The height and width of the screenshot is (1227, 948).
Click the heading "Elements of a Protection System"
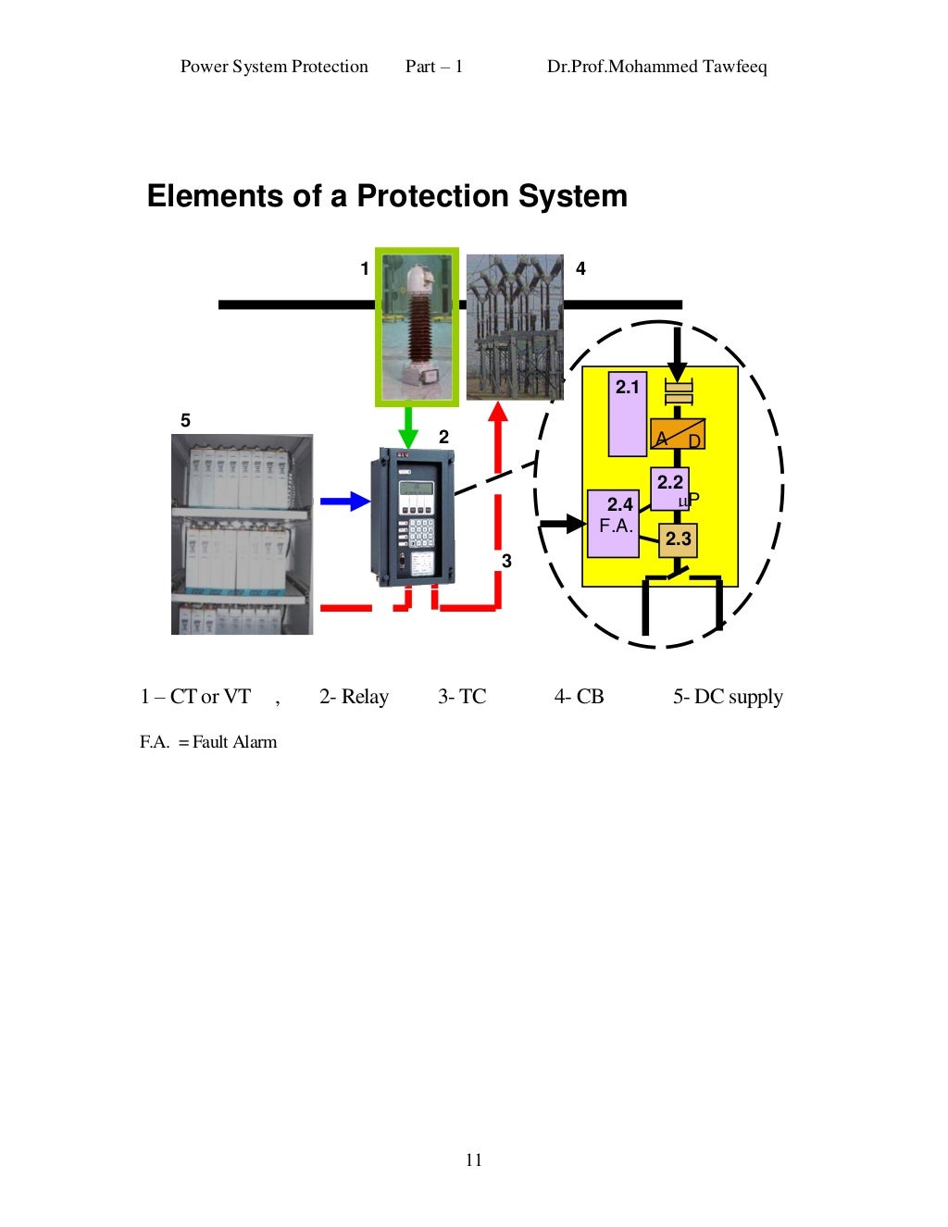tap(387, 196)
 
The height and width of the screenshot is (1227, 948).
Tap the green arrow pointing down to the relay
tap(405, 428)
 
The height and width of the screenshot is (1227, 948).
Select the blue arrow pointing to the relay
tap(345, 502)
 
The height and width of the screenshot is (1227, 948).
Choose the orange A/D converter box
tap(677, 435)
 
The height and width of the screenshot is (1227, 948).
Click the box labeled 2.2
tap(669, 489)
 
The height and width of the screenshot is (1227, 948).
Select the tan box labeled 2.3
tap(678, 539)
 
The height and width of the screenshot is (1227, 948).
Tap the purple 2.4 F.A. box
tap(613, 523)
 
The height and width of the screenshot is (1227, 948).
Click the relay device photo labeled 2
tap(412, 516)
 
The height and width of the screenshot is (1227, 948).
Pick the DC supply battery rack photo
tap(242, 534)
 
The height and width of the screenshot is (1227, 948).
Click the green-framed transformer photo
tap(417, 327)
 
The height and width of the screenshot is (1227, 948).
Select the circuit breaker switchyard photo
tap(514, 327)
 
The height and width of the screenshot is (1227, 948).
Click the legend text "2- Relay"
tap(354, 697)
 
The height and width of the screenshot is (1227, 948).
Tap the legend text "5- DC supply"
tap(728, 697)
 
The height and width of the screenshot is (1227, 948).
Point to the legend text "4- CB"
tap(579, 697)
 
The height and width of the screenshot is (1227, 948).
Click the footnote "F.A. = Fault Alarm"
tap(208, 742)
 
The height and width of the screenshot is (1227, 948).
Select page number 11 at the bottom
tap(474, 1160)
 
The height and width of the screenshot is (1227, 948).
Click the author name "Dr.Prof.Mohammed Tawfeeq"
tap(656, 67)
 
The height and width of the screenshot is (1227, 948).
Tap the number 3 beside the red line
tap(506, 561)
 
